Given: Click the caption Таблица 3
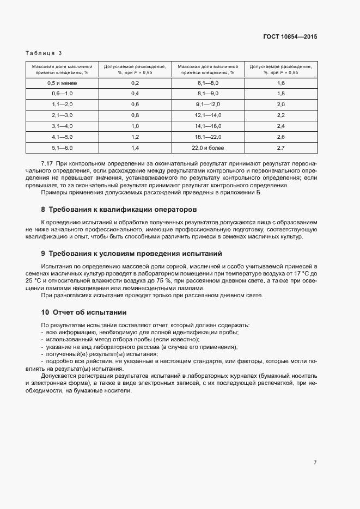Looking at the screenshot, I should coord(44,53).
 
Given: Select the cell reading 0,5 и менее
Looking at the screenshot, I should coord(63,83).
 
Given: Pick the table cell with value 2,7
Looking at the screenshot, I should coord(281,148).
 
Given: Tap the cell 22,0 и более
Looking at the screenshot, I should coord(208,148).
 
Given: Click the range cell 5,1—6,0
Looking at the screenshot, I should coord(63,148).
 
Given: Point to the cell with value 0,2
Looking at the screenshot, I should coord(136,83).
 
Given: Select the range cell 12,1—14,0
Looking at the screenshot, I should coord(208,115).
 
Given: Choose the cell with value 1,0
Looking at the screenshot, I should coord(136,126).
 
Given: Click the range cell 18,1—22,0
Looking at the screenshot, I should coord(208,137).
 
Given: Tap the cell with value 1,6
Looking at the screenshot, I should coord(281,83).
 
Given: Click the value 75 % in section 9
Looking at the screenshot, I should coord(164,281).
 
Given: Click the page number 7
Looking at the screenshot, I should coord(315,462).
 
